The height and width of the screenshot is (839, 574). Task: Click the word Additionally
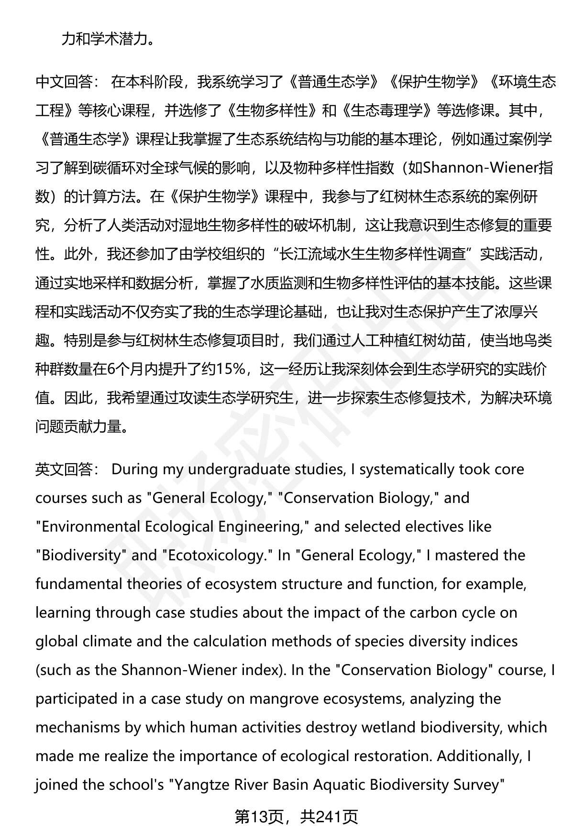click(x=478, y=756)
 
